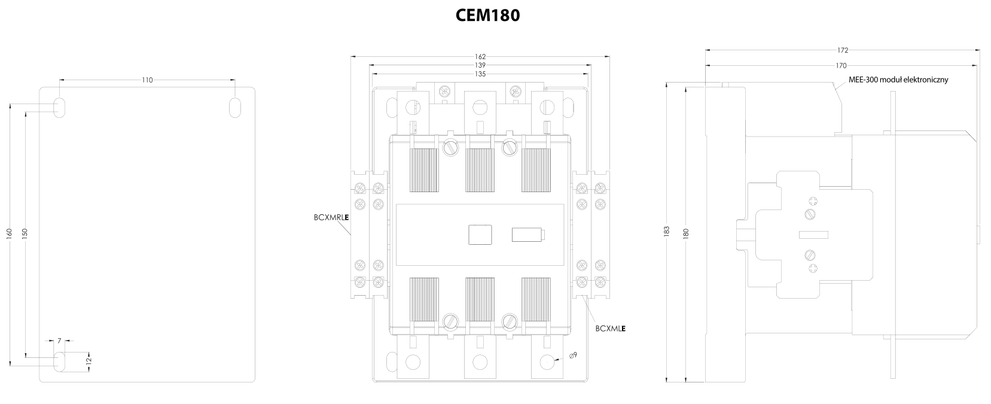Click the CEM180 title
(x=487, y=15)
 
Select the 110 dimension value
(x=147, y=80)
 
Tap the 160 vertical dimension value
(x=10, y=232)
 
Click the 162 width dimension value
(x=480, y=57)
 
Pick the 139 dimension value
(x=480, y=65)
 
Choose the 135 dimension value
(x=480, y=74)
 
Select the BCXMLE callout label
(x=611, y=328)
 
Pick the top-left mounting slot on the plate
(x=60, y=107)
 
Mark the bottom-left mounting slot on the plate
(x=60, y=362)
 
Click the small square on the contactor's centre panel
(x=478, y=234)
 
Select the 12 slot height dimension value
(x=89, y=361)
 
